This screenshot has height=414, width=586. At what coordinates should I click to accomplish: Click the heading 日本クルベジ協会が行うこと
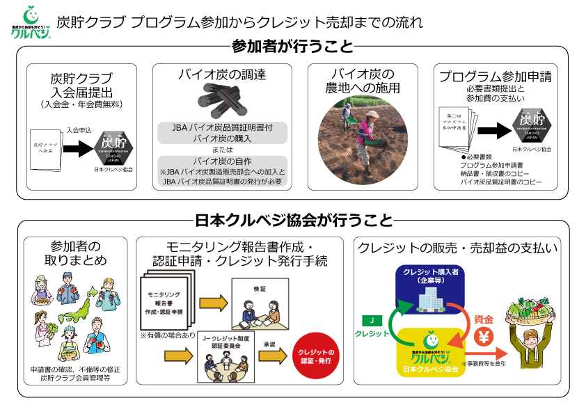294,221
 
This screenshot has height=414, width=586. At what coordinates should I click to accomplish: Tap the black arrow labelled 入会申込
81,147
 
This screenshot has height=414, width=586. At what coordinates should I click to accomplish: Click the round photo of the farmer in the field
363,136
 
